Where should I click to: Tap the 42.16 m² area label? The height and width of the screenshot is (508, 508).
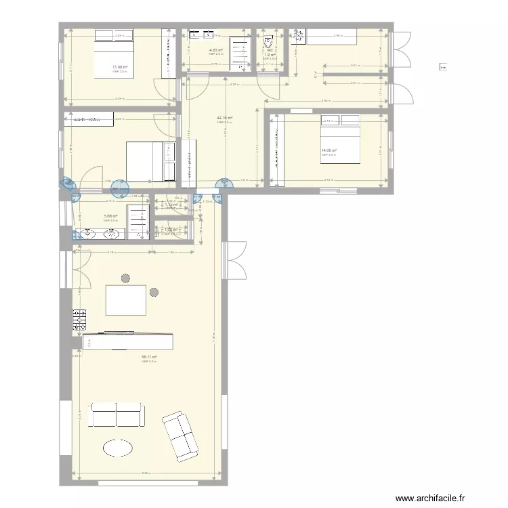point(224,118)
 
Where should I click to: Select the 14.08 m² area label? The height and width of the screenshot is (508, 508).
point(329,150)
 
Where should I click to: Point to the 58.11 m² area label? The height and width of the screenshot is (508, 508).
point(149,357)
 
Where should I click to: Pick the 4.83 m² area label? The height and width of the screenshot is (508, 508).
point(216,50)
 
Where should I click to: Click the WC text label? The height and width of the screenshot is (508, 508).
point(270,50)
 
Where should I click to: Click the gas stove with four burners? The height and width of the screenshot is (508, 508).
point(80,320)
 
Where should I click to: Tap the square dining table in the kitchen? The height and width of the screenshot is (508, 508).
point(127,300)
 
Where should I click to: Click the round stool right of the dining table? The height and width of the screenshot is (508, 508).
point(154,293)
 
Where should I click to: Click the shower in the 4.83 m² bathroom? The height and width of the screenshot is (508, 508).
point(240,53)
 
